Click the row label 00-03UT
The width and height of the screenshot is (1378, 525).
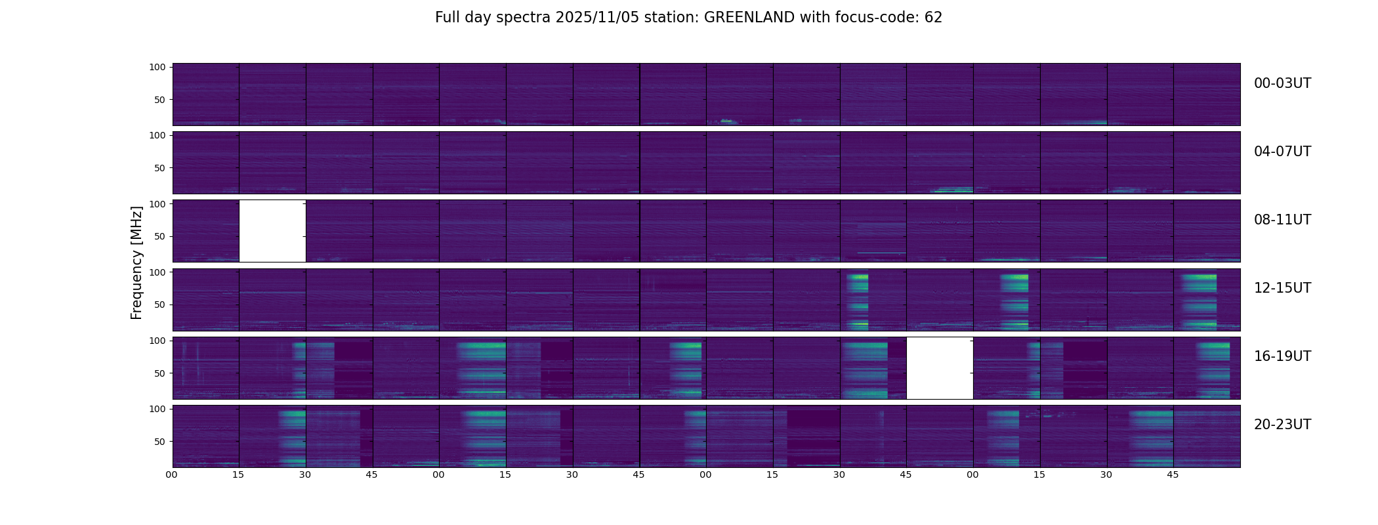tap(1282, 83)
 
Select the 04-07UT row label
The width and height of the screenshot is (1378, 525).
tap(1282, 152)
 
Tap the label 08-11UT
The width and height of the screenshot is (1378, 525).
tap(1282, 220)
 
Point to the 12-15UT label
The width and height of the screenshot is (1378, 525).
tap(1282, 288)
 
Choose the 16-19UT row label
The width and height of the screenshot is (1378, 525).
tap(1282, 356)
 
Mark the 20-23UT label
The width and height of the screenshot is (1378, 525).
tap(1282, 425)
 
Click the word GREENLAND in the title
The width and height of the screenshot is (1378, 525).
tap(749, 18)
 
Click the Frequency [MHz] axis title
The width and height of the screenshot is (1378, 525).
tap(136, 262)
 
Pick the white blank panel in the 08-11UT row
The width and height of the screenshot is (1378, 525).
tap(272, 231)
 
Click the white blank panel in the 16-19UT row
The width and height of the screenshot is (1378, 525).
tap(940, 367)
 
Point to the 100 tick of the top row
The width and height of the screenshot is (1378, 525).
tap(157, 67)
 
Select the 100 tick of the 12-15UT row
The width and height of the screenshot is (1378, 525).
tap(157, 272)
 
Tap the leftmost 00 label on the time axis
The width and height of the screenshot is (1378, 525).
tap(172, 474)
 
